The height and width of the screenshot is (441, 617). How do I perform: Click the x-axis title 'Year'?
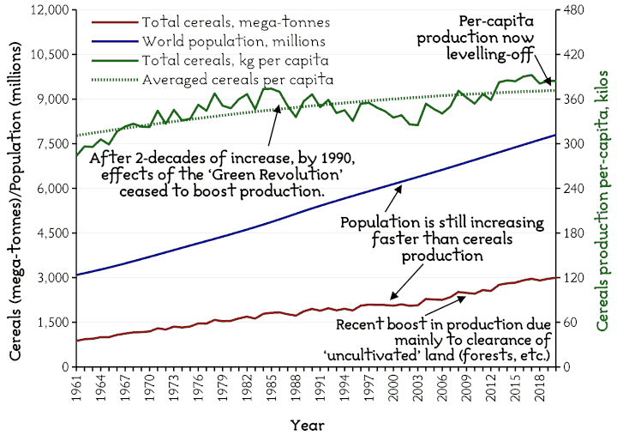coord(307,425)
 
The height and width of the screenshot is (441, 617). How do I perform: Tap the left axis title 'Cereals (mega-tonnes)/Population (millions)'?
coord(15,189)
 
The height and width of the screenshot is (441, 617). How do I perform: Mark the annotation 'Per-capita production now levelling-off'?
coord(493,35)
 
